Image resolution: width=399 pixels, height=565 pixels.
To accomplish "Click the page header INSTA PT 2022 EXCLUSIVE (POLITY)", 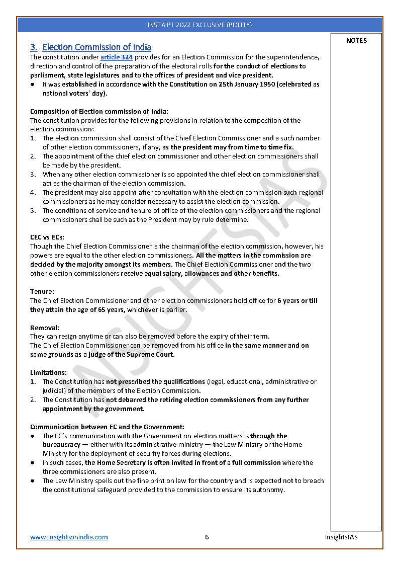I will coord(199,25).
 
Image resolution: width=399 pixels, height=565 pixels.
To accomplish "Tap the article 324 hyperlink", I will coord(117,57).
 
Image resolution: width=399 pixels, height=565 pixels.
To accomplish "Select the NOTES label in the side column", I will coord(356,41).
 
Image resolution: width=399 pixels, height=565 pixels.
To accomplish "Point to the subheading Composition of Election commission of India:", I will coord(99,111).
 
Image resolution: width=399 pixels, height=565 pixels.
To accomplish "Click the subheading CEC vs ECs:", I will coord(47,237).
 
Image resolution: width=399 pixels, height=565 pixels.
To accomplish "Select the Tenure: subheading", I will coord(42,292).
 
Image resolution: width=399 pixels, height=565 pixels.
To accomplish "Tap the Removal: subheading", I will coord(45,328).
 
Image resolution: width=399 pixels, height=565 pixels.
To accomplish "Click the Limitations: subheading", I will coord(48,373).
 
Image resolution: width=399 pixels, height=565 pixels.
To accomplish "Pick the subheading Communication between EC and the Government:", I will coord(107,427).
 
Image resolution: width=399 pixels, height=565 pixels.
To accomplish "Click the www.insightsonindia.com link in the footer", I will coord(69,537).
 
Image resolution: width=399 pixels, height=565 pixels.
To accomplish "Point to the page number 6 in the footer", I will coord(207,537).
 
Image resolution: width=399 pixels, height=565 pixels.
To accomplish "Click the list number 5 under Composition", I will coord(33,211).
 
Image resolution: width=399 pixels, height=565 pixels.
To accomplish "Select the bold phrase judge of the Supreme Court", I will coord(132,355).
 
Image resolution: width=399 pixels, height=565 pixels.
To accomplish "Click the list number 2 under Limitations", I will coord(33,400).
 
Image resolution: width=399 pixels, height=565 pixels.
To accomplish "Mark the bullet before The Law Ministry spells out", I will coord(33,481).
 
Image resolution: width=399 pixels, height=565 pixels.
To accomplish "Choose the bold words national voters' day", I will coord(74,94).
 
